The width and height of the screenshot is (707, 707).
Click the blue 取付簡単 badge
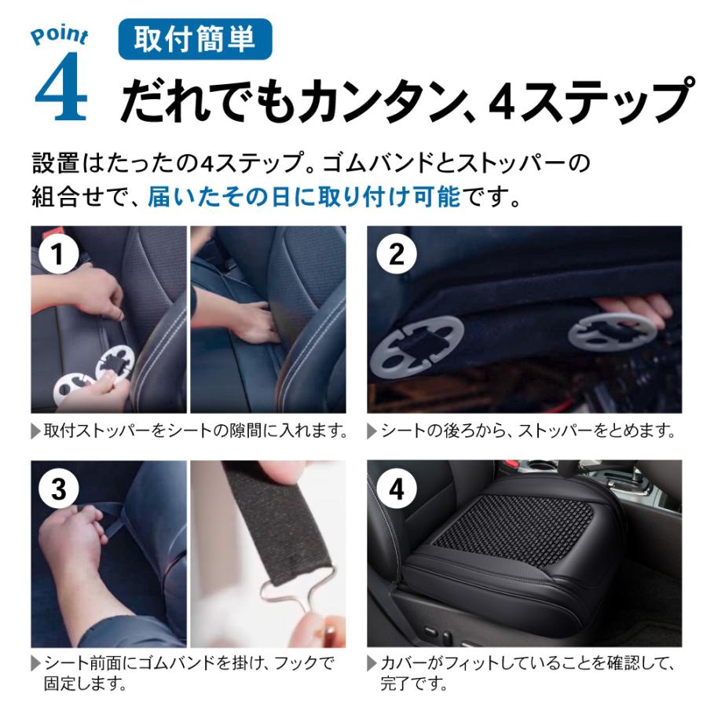click(x=195, y=38)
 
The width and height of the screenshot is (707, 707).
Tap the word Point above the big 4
click(x=59, y=35)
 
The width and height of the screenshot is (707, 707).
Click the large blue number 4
click(x=60, y=86)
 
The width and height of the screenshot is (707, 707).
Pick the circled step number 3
click(x=58, y=489)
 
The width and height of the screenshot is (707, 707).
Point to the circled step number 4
click(x=397, y=489)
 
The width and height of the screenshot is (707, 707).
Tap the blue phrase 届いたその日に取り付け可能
click(x=305, y=197)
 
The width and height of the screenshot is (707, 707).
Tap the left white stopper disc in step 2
click(x=416, y=346)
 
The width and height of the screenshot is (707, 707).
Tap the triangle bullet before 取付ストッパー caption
click(x=35, y=431)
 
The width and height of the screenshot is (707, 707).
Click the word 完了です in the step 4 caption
click(x=413, y=683)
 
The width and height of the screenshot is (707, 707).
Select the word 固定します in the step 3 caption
click(x=85, y=683)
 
